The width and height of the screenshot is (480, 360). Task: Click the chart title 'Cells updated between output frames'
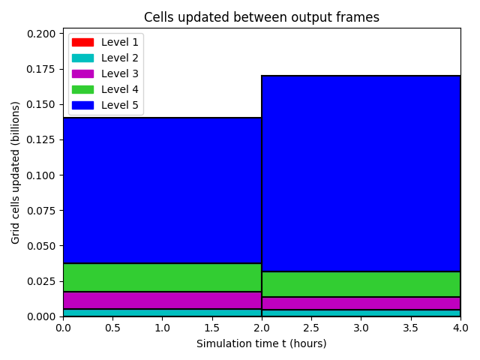point(262,17)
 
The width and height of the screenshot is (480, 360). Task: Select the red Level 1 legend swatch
point(82,42)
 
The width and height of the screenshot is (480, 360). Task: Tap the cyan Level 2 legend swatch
point(82,58)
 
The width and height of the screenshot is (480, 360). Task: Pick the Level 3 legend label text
point(120,73)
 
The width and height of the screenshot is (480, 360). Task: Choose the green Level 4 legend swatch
point(82,89)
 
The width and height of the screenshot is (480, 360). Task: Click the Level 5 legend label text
point(120,105)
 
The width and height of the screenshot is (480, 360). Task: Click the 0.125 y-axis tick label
point(41,140)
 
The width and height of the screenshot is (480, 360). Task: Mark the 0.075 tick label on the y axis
point(41,211)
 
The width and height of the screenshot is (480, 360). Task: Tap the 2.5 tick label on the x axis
point(311,328)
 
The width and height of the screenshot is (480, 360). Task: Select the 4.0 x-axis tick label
point(460,328)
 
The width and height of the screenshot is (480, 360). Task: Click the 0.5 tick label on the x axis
point(112,328)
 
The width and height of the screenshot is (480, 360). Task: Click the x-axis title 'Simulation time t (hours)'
point(262,343)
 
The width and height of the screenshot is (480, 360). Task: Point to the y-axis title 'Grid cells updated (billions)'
point(15,172)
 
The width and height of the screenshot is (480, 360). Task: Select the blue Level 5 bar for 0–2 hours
point(162,190)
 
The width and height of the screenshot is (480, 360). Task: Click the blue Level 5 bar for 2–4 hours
point(361,173)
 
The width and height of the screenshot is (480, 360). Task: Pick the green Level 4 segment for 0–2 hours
point(162,277)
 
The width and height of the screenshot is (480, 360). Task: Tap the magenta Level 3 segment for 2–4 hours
point(361,303)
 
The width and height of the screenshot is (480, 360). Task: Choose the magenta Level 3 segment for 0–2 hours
point(162,300)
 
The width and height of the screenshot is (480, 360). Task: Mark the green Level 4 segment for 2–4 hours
point(361,284)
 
